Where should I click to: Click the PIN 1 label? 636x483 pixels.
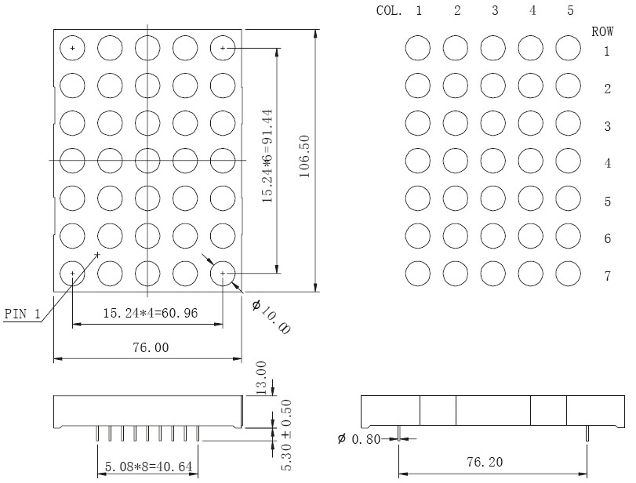point(23,314)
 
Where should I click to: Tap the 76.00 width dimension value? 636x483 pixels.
point(151,347)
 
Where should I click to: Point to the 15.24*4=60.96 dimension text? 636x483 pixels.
point(151,313)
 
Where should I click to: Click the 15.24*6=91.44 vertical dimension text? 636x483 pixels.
point(267,156)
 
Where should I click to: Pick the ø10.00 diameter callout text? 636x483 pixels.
point(271,317)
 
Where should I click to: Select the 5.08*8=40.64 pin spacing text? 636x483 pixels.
point(148,467)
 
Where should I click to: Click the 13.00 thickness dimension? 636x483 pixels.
point(261,378)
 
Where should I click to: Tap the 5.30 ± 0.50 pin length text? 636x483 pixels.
point(286,435)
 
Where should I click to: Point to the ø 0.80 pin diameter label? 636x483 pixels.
point(358,439)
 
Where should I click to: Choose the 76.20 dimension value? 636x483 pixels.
point(485,462)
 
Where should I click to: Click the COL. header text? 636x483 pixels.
point(389,10)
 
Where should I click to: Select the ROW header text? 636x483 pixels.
point(602,31)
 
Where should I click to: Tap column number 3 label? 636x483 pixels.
point(495,10)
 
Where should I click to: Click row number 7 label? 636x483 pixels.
point(607,276)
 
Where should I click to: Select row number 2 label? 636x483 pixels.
point(607,89)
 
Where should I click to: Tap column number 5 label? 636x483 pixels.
point(570,10)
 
